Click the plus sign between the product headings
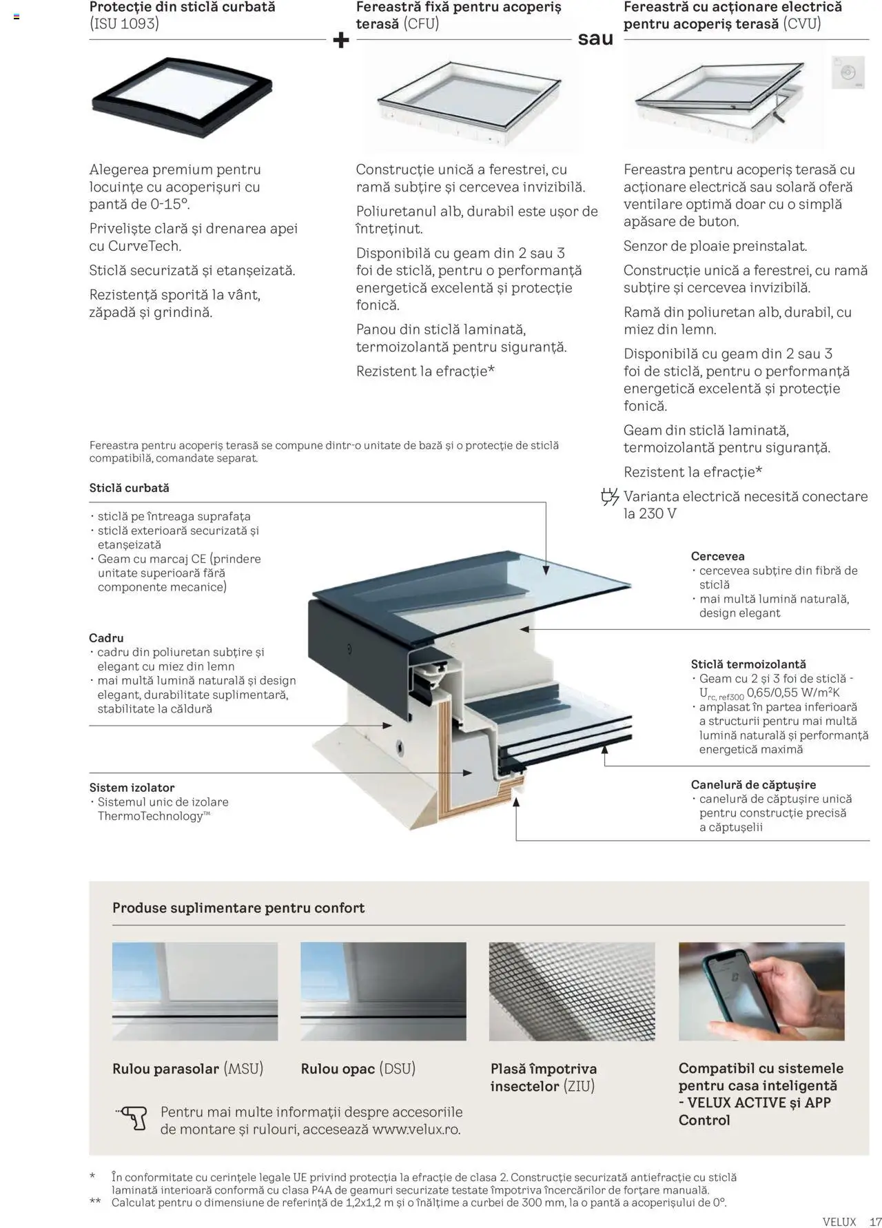tap(340, 41)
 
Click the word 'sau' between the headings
tap(595, 39)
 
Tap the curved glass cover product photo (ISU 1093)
tap(182, 97)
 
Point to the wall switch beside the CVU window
tap(848, 72)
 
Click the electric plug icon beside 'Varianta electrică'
tap(609, 497)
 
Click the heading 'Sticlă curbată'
tap(129, 488)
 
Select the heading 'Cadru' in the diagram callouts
tap(106, 638)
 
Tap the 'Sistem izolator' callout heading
tap(132, 788)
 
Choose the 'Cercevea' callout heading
tap(717, 556)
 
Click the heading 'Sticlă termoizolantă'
tap(748, 664)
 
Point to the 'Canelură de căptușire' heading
tap(752, 784)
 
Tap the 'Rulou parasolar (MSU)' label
tap(187, 1069)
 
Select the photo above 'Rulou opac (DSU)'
tap(383, 991)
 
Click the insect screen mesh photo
tap(571, 991)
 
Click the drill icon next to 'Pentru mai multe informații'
tap(132, 1118)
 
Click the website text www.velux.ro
tap(416, 1129)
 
